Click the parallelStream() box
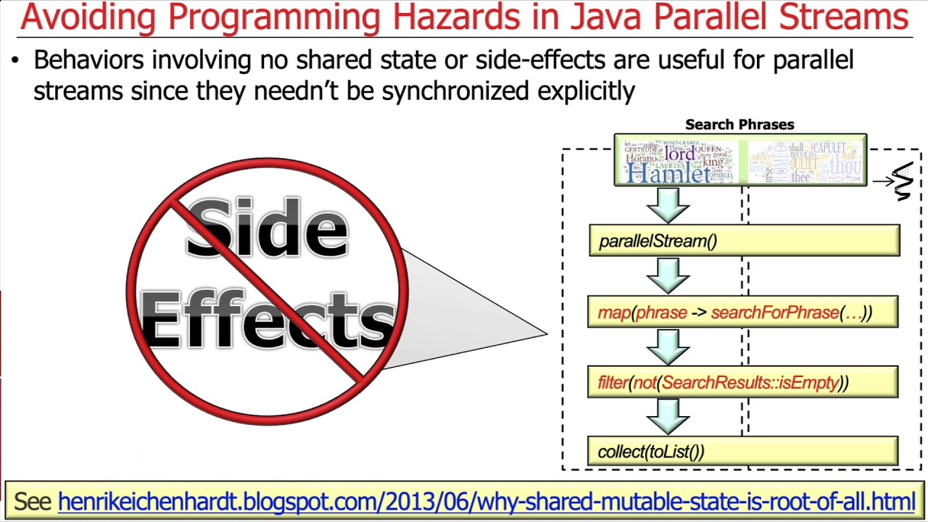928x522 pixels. coord(744,241)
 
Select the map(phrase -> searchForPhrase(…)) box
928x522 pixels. coord(742,312)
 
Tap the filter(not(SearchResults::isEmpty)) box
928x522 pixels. coord(742,382)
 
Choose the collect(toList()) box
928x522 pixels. coord(742,451)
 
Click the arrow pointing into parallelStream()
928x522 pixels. coord(668,205)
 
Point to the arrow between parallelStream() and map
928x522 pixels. coord(668,276)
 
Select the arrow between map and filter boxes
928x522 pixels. coord(668,347)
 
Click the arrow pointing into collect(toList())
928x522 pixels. coord(668,416)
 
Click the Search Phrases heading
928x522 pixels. coord(739,125)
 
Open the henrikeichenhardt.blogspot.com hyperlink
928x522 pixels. coord(486,501)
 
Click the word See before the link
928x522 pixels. coord(33,501)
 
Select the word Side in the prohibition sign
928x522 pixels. coord(267,228)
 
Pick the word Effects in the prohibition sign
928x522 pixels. coord(267,319)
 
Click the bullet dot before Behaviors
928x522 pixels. coord(15,61)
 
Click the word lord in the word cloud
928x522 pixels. coord(679,154)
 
